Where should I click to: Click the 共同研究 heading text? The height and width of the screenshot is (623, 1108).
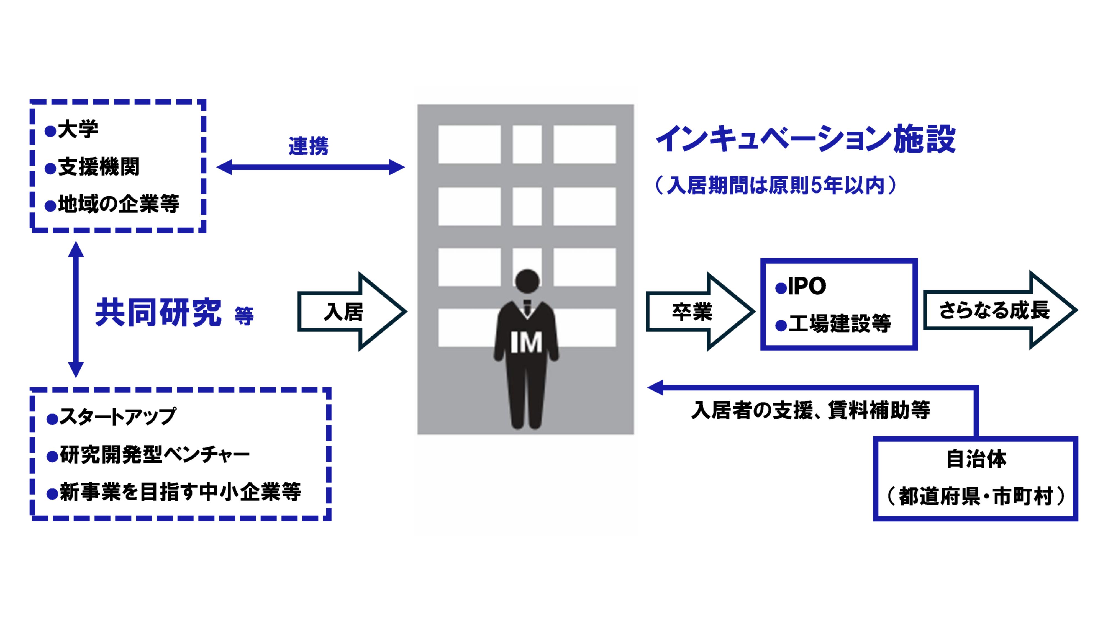coord(158,313)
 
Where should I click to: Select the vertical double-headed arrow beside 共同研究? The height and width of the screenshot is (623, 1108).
coord(76,310)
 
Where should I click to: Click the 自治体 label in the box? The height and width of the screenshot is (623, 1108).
coord(976,459)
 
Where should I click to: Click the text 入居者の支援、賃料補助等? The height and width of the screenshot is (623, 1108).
coord(811,410)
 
